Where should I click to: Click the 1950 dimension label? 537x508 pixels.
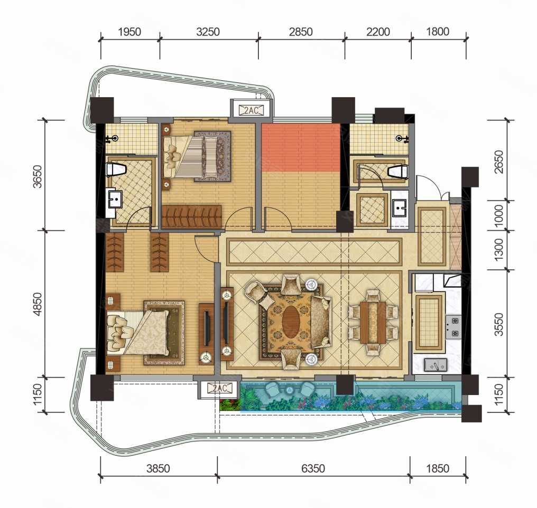(x=129, y=32)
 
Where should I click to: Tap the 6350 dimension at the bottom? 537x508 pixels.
(x=313, y=468)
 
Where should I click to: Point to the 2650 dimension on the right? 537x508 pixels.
(x=499, y=162)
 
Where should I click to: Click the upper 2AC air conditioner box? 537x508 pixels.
(x=252, y=110)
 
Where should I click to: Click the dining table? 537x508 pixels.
(x=373, y=322)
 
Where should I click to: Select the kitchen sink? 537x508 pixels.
(x=436, y=365)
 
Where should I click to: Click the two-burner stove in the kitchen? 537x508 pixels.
(x=453, y=327)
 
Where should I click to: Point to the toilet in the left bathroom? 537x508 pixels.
(x=115, y=170)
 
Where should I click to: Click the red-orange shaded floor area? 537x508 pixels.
(x=301, y=147)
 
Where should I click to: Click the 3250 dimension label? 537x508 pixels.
(x=208, y=32)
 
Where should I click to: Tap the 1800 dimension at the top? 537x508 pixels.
(x=438, y=32)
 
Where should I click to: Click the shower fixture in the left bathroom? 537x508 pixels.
(x=113, y=138)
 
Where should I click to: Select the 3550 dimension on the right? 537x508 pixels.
(x=499, y=324)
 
